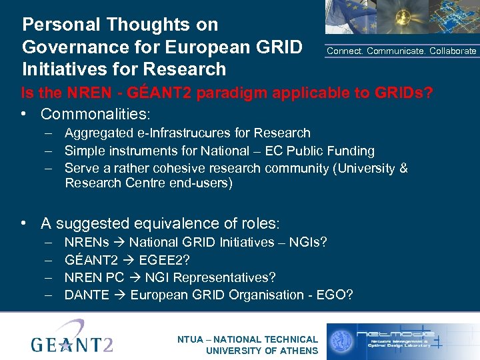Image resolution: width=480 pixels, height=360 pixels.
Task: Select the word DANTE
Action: [x=87, y=295]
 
